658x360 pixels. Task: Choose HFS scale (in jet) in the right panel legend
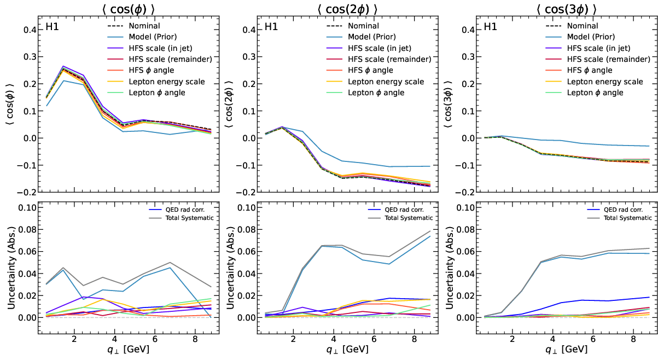[596, 48]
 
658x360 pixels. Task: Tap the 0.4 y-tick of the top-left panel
[29, 30]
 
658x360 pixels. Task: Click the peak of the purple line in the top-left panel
[63, 66]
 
